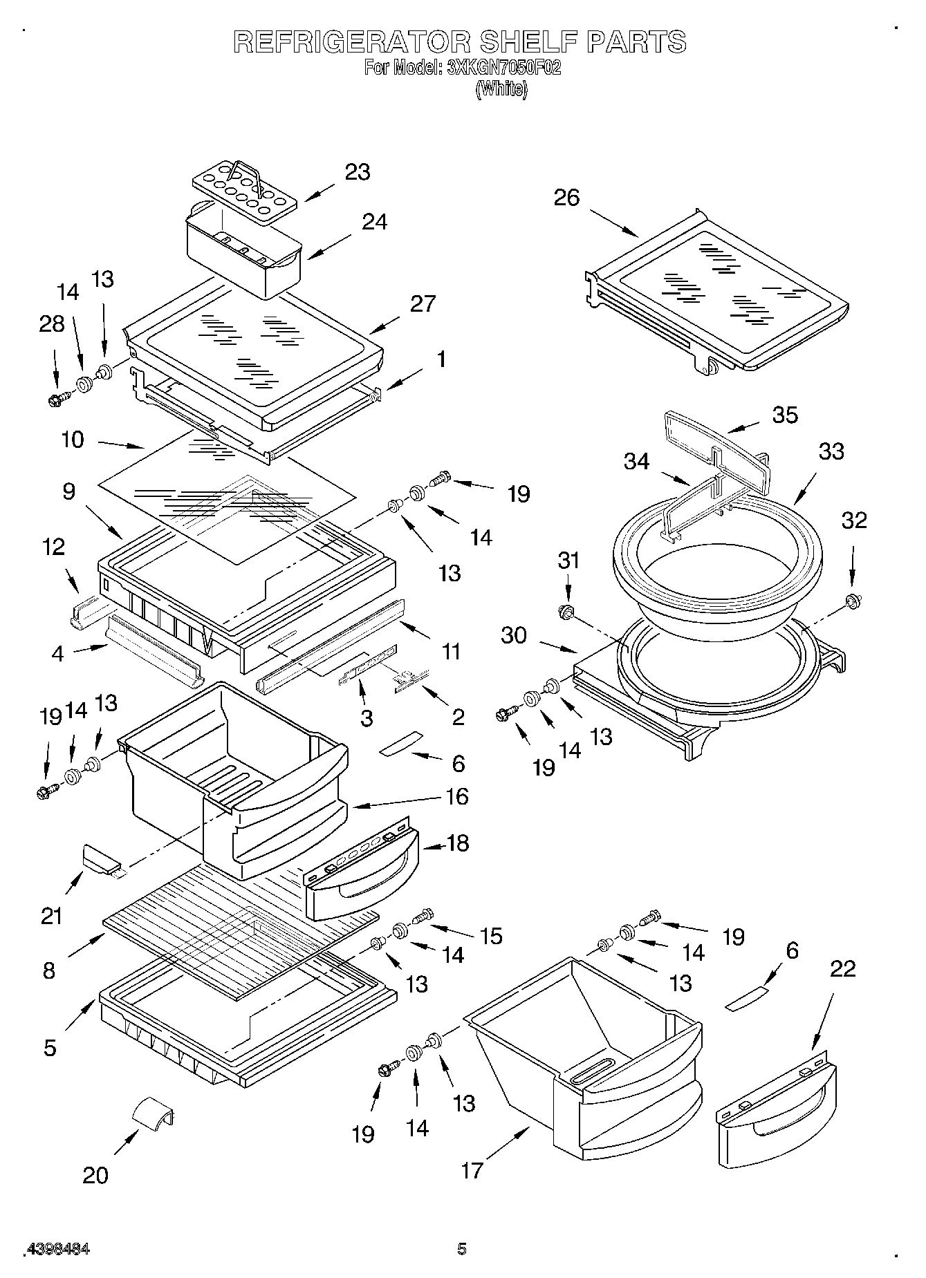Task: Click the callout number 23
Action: coord(357,172)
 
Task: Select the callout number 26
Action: coord(566,198)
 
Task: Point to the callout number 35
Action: coord(784,415)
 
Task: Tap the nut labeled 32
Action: coord(852,601)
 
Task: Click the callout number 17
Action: coord(472,1170)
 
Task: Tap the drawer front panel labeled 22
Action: coord(776,1105)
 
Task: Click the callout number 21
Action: coord(52,917)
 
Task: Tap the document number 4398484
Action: coord(59,1249)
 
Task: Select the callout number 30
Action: coord(514,635)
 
